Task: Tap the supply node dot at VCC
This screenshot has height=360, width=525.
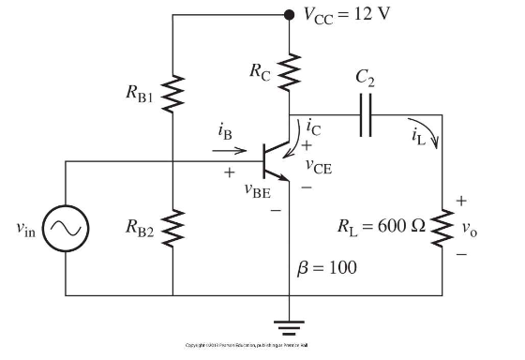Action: coord(289,15)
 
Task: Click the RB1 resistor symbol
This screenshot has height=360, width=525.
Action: coord(174,91)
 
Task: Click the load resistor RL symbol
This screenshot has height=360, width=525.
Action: coord(442,228)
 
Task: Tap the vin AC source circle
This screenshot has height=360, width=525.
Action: coord(65,228)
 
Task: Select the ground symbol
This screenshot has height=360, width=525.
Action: coord(289,327)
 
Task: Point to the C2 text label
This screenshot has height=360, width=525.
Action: coord(367,83)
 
